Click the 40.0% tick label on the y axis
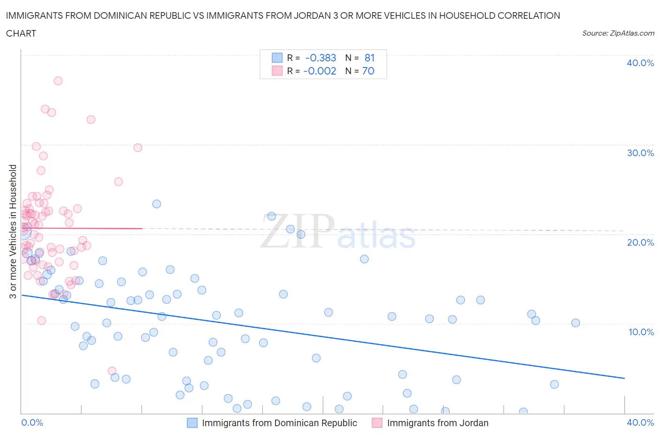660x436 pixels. click(640, 63)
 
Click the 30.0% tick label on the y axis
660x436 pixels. click(640, 153)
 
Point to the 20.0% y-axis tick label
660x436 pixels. click(640, 242)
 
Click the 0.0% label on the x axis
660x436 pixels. click(32, 422)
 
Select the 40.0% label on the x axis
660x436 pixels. click(640, 422)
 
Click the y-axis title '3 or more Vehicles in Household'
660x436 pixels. click(13, 231)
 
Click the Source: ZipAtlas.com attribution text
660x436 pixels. click(618, 33)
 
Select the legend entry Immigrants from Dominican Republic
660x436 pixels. click(272, 423)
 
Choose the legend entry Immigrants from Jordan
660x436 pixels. click(430, 423)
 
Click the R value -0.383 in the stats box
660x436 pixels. click(321, 58)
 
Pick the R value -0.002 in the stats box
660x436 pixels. click(320, 71)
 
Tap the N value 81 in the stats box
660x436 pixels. click(369, 58)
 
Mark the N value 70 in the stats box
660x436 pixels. click(368, 71)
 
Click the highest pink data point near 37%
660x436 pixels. click(58, 81)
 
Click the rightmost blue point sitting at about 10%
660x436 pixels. click(576, 323)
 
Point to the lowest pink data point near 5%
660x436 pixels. click(112, 371)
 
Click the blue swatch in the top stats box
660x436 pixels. click(277, 58)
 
